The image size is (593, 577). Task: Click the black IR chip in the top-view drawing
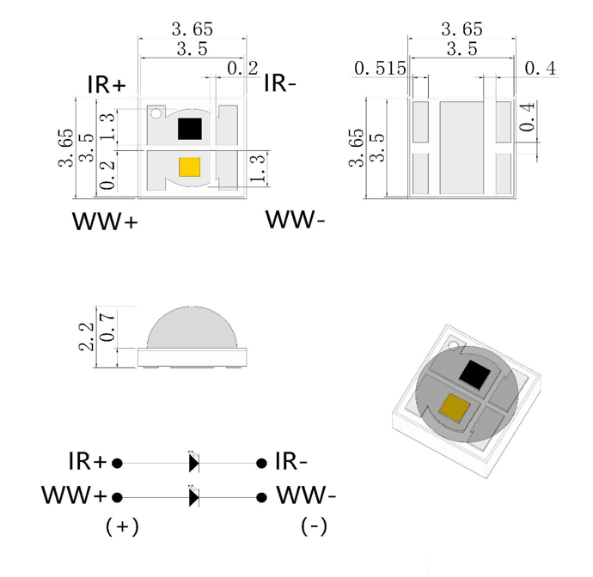(x=189, y=129)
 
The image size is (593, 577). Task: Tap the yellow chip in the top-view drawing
(x=189, y=167)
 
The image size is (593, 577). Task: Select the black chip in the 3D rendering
(x=474, y=374)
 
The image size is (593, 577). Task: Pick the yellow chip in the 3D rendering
(x=454, y=407)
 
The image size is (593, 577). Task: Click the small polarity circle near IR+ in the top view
(x=156, y=113)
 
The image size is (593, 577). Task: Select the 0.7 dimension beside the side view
(x=107, y=326)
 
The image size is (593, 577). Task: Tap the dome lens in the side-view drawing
(x=189, y=326)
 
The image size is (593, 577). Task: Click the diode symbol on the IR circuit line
(x=193, y=463)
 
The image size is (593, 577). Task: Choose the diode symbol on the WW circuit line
(x=193, y=497)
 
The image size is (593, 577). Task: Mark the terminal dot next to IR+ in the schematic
(x=118, y=463)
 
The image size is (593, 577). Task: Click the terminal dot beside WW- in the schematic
(x=261, y=497)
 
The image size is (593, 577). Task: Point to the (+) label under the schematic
(x=122, y=525)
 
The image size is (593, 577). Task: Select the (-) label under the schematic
(x=314, y=525)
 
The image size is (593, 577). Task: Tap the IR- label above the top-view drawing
(x=280, y=83)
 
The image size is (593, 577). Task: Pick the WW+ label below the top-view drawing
(x=105, y=221)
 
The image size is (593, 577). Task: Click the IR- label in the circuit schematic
(x=291, y=461)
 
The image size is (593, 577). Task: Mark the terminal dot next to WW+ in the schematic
(x=118, y=497)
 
